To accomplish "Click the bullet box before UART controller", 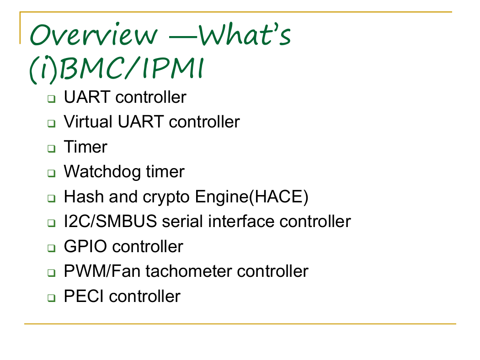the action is pyautogui.click(x=51, y=99).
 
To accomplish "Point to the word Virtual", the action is pyautogui.click(x=88, y=122).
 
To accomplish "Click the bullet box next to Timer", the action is pyautogui.click(x=51, y=148).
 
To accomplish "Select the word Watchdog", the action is pyautogui.click(x=102, y=172).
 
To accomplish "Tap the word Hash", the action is pyautogui.click(x=84, y=196).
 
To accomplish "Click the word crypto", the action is pyautogui.click(x=166, y=197).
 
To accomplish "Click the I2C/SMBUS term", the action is pyautogui.click(x=110, y=221).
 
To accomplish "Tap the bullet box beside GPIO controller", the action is pyautogui.click(x=51, y=248).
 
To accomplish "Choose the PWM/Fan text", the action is pyautogui.click(x=102, y=271).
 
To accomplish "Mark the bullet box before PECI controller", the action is pyautogui.click(x=51, y=297).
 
